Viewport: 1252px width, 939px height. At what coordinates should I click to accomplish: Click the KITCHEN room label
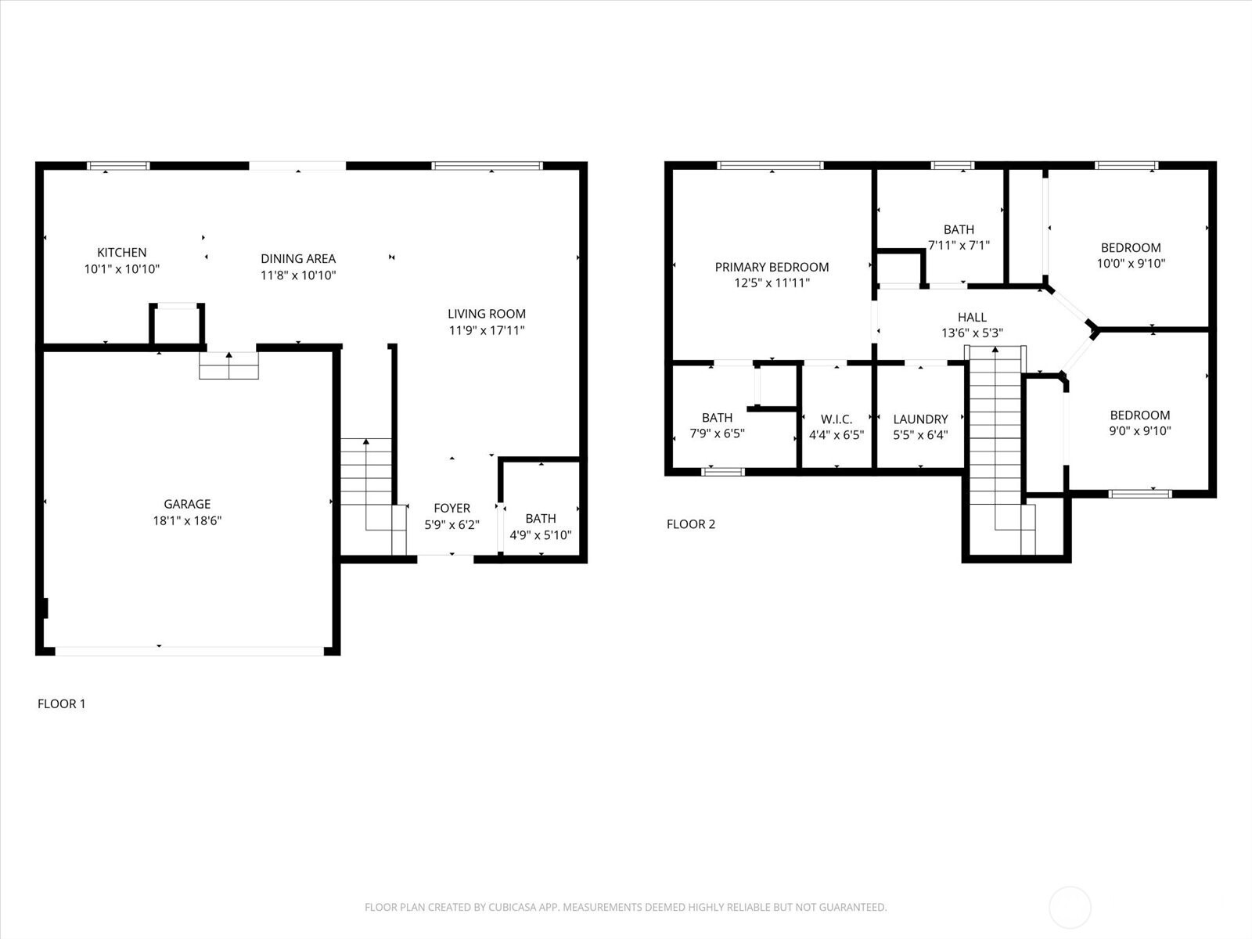pos(121,252)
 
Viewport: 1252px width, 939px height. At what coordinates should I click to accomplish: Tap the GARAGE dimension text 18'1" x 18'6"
pos(187,520)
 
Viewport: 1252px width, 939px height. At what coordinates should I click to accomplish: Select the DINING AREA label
pos(298,258)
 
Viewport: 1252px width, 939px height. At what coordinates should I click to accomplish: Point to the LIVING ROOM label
pos(487,314)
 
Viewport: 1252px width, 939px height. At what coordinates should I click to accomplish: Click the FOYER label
pos(452,508)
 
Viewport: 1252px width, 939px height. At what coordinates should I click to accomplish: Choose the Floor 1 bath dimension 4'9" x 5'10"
pos(540,534)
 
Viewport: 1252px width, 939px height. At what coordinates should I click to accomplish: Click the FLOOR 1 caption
pos(62,703)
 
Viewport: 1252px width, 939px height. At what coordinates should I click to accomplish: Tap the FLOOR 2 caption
pos(691,524)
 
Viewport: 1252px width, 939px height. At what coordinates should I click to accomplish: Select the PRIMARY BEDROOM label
pos(772,267)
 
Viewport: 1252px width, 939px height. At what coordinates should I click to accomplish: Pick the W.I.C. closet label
pos(836,419)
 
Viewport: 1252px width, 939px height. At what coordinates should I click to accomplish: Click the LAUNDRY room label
pos(920,419)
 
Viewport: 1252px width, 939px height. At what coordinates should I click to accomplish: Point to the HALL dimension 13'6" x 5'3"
pos(972,333)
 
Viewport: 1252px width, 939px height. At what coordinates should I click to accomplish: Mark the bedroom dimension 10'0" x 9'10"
pos(1131,264)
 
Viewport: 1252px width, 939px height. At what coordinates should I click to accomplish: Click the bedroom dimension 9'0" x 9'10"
pos(1139,431)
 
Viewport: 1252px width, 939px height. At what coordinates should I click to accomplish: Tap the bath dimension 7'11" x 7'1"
pos(959,245)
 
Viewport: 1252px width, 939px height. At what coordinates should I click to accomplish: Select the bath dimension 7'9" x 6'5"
pos(717,434)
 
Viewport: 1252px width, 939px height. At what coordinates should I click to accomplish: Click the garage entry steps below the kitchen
pos(228,365)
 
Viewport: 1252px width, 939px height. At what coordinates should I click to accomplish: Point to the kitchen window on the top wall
pos(119,166)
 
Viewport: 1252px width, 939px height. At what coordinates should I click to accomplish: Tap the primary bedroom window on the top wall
pos(771,166)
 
